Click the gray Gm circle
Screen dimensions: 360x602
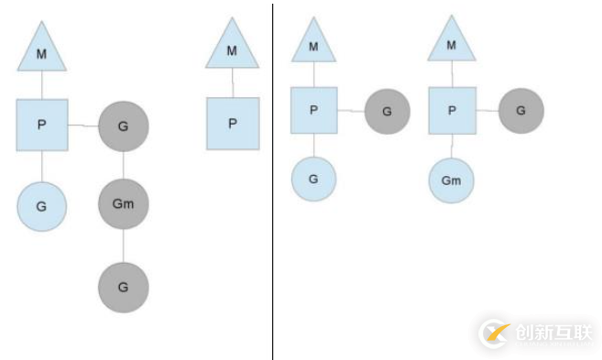click(x=123, y=203)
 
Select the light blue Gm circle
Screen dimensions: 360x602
click(x=451, y=180)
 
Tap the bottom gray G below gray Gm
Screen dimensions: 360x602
click(x=123, y=287)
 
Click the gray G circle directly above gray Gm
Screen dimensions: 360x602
click(x=123, y=125)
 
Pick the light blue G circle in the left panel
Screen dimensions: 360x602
click(x=41, y=206)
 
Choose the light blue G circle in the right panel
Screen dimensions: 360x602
click(x=313, y=179)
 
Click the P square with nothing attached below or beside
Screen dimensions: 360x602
click(x=232, y=123)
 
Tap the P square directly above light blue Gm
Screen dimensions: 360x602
click(x=451, y=111)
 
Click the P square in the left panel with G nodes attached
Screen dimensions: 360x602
click(x=41, y=125)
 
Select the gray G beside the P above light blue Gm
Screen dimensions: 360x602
click(x=520, y=111)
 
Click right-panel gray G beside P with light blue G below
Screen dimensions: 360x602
click(x=387, y=111)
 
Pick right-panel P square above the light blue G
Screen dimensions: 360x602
click(x=313, y=111)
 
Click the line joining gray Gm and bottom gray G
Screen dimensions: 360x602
click(x=123, y=245)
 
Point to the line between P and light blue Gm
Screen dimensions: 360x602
click(x=451, y=145)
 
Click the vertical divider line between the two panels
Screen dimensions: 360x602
click(x=272, y=183)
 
